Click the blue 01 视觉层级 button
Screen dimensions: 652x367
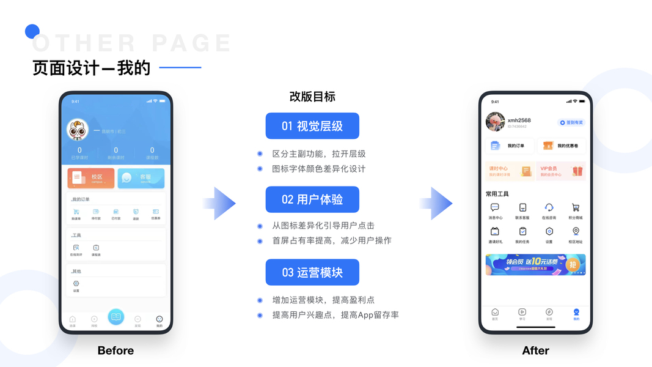pos(312,126)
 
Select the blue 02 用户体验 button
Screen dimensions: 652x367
pos(312,199)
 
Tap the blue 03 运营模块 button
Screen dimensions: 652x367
pos(312,272)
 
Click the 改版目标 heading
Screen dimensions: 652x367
pos(312,97)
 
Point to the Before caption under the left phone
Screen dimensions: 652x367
pos(115,350)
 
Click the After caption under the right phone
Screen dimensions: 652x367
pos(535,350)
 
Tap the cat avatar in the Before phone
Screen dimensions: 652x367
pos(78,130)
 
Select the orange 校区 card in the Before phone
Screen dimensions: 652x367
pos(91,178)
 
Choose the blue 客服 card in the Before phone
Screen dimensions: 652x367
pos(141,178)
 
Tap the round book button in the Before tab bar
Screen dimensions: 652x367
pos(115,316)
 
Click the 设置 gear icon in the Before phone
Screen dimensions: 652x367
pos(76,284)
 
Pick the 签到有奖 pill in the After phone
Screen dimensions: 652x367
pos(572,122)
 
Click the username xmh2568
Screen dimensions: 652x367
pos(519,120)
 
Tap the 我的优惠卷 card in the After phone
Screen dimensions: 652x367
pos(561,146)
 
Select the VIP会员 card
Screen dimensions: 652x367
pos(561,171)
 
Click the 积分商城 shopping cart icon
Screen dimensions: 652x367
pos(576,208)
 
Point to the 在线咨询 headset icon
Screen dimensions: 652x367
pos(549,208)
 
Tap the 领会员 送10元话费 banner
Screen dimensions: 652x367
pos(535,264)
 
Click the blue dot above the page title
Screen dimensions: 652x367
pos(32,31)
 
